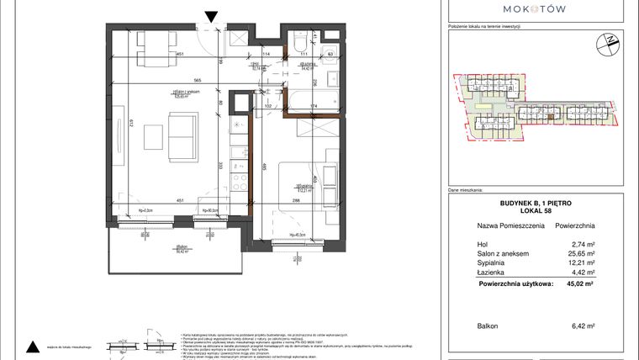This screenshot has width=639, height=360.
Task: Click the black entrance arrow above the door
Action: pos(212,14)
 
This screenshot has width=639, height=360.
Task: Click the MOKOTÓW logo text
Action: pos(535,9)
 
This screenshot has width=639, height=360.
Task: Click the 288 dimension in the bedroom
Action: pos(296,200)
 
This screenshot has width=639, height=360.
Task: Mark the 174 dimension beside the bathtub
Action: pos(314,107)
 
